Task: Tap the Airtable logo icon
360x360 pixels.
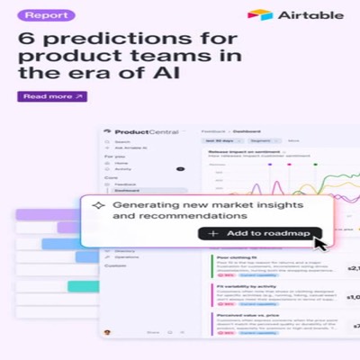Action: (x=260, y=15)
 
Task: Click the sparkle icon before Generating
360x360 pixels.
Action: (x=98, y=205)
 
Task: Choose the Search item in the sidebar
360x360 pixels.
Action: (x=123, y=141)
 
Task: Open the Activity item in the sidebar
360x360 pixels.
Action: (x=123, y=168)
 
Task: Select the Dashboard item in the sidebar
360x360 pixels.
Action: (x=127, y=190)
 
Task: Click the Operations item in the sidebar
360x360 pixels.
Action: (x=127, y=256)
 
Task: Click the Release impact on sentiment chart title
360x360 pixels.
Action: (x=233, y=152)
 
